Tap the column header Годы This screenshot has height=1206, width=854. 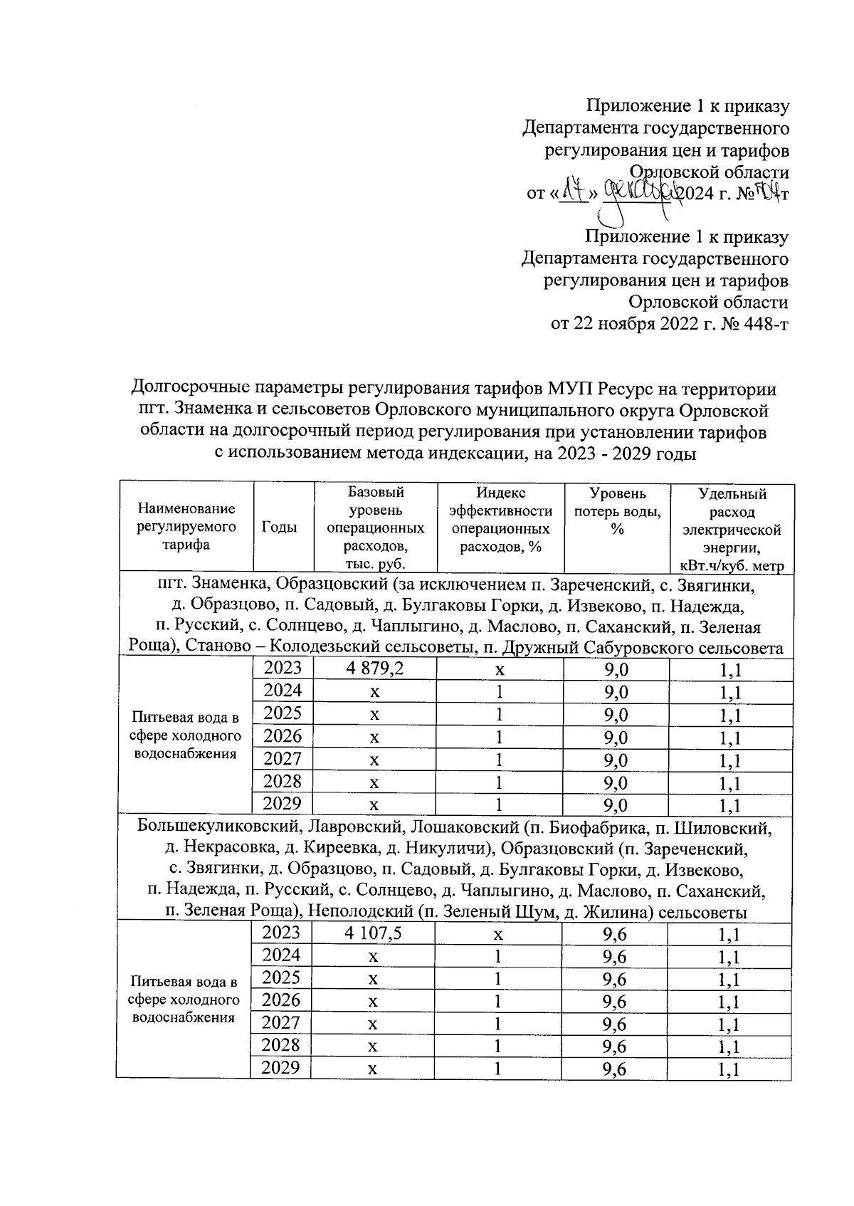(279, 527)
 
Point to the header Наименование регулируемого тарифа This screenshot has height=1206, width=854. (186, 527)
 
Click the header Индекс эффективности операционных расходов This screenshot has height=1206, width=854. (500, 520)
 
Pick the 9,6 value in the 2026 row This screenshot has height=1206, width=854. (614, 1002)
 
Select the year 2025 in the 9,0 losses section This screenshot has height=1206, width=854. (283, 713)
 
